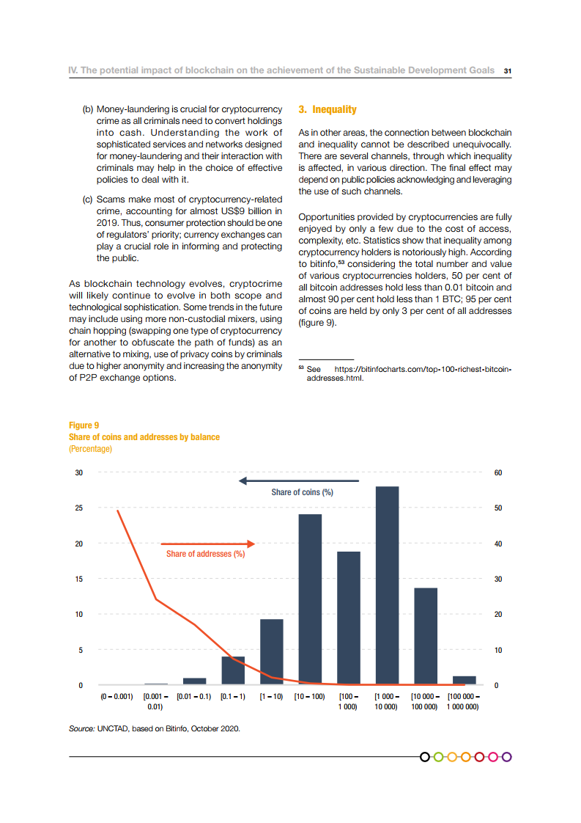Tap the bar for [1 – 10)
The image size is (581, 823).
coord(271,652)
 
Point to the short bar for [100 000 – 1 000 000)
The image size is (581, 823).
coord(465,680)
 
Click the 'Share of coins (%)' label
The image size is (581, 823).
coord(302,492)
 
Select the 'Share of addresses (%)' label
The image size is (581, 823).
coord(205,554)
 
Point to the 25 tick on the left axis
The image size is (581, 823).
coord(79,508)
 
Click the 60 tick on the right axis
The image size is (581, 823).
coord(498,473)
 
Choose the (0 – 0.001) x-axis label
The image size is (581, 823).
coord(116,696)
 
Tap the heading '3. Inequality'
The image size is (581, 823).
coord(327,109)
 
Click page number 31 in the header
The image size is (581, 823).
coord(507,71)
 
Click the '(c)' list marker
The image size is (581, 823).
coord(87,199)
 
